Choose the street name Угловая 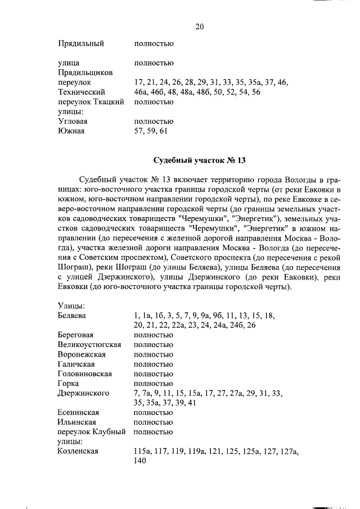click(x=73, y=121)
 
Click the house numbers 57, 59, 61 click(x=151, y=131)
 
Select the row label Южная click(x=71, y=131)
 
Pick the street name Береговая click(x=79, y=335)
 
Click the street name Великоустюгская click(x=89, y=344)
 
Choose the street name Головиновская click(x=84, y=373)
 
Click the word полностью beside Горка click(x=154, y=383)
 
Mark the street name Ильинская click(x=76, y=422)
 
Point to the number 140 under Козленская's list click(x=140, y=461)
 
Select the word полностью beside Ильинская click(x=154, y=422)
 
